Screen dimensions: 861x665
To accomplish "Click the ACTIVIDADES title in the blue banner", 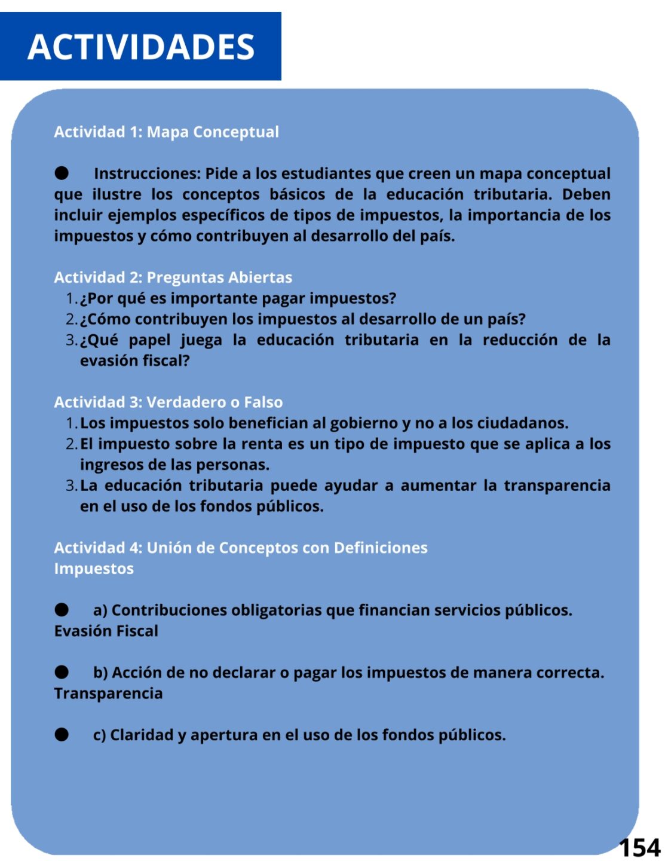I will [141, 47].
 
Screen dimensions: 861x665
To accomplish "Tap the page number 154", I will [639, 847].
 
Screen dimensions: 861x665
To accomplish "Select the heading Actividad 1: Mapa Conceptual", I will [166, 132].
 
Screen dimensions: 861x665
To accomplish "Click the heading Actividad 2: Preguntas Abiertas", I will [173, 277].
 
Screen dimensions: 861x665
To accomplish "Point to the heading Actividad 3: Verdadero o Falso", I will [168, 402].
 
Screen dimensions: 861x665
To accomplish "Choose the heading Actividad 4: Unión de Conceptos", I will [240, 548].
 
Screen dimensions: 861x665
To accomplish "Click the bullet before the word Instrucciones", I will [62, 173].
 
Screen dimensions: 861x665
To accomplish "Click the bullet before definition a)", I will [62, 610].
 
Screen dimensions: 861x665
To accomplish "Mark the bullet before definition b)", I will [62, 672].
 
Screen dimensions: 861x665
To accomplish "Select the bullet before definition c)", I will [62, 734].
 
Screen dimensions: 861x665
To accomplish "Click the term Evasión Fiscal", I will [106, 631].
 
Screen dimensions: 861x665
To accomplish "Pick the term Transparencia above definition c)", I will [108, 693].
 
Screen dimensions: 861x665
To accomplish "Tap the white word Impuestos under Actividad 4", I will [94, 569].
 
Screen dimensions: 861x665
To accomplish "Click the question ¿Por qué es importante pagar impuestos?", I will [238, 298].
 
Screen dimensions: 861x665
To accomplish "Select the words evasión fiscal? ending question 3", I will [134, 361].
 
